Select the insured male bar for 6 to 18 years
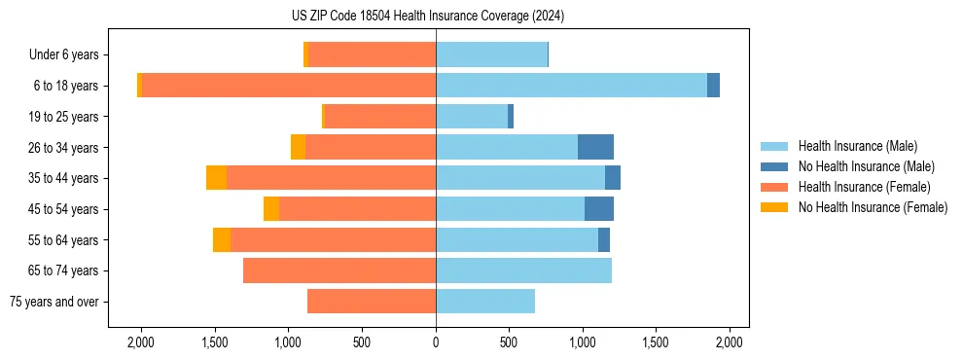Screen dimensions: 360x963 [571, 86]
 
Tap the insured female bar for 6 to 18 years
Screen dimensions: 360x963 [288, 86]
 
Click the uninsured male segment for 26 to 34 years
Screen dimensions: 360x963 [595, 147]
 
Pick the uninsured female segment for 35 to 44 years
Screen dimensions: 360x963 [216, 178]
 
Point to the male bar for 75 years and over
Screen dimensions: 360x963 [485, 302]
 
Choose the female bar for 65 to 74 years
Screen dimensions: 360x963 [339, 270]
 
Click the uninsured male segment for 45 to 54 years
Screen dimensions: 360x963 [599, 209]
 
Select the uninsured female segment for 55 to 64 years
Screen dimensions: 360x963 [222, 240]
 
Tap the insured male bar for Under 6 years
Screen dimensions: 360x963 [491, 54]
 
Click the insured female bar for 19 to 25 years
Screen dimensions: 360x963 [379, 117]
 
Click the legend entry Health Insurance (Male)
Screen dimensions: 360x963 [857, 146]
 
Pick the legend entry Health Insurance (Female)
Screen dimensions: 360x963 [864, 187]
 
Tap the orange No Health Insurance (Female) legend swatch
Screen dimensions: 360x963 [774, 207]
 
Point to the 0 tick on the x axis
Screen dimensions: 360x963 [436, 342]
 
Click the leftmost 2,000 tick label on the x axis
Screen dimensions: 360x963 [141, 342]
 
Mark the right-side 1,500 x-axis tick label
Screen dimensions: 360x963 [657, 342]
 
